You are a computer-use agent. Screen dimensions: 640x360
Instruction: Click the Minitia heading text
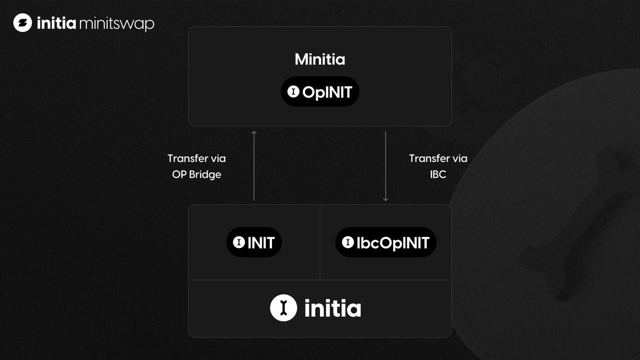click(320, 60)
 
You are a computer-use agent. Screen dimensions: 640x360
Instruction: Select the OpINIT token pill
click(320, 92)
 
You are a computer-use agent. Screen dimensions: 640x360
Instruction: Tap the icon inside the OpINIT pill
click(293, 92)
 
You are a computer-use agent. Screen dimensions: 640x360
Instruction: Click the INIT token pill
click(254, 243)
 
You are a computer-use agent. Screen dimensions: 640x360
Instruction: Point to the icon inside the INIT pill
click(238, 243)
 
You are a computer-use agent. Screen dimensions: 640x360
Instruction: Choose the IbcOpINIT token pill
click(386, 243)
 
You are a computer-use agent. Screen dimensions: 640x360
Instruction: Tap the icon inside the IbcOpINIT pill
click(348, 243)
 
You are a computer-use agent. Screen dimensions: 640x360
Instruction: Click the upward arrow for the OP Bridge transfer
click(254, 165)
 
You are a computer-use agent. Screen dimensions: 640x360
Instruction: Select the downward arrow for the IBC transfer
click(386, 165)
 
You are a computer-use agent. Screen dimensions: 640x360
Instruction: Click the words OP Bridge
click(197, 174)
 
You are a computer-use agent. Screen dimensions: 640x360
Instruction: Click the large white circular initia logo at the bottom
click(283, 308)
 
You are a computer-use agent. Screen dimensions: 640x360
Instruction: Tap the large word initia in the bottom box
click(333, 308)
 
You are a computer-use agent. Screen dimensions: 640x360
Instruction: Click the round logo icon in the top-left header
click(23, 23)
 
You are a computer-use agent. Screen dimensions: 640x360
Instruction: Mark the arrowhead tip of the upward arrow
click(254, 131)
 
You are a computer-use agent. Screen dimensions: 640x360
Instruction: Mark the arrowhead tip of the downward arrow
click(386, 201)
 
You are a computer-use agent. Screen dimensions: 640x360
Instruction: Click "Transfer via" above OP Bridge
click(197, 158)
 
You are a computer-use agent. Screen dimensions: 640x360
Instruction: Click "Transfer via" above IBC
click(438, 158)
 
